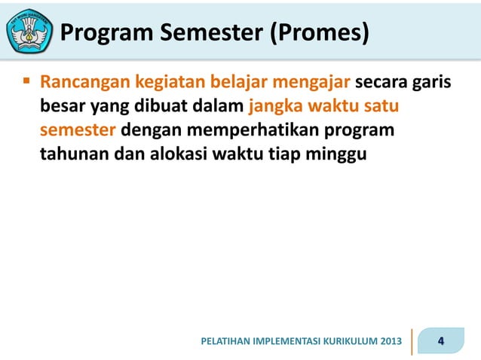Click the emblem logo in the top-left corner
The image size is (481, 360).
pyautogui.click(x=29, y=31)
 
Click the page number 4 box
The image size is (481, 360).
pyautogui.click(x=442, y=341)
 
